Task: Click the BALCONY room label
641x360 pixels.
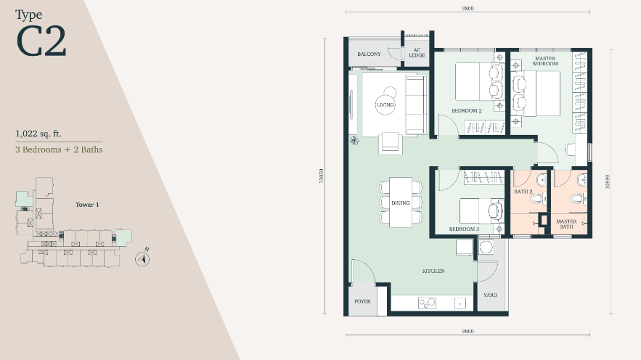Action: pos(369,54)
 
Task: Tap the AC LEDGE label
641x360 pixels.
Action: pos(417,53)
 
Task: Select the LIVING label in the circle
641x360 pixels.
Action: pos(385,105)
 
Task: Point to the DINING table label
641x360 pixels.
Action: pos(400,202)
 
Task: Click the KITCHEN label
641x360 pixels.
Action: pos(433,271)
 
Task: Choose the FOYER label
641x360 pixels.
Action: pos(362,301)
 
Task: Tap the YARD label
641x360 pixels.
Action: pos(490,295)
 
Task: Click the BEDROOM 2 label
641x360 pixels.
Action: pos(467,111)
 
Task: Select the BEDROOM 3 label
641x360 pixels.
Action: pos(464,229)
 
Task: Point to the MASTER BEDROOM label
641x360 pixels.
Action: pos(545,61)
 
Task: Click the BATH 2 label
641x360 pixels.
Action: pos(523,192)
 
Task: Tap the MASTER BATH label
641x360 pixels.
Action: pos(566,224)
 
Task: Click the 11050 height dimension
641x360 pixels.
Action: pos(322,176)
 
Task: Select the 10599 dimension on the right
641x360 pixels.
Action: pos(608,181)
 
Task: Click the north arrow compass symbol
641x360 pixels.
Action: pos(142,258)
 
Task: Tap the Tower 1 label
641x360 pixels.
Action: pos(87,205)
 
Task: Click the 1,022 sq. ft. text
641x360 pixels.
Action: pos(38,134)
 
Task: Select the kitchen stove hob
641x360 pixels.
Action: pos(427,303)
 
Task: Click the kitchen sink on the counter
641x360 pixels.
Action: pos(460,303)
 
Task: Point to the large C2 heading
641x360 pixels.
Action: pos(41,41)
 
